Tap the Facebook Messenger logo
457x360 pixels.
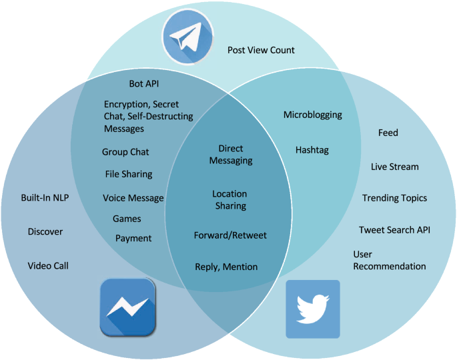pyautogui.click(x=127, y=307)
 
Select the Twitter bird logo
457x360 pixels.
pyautogui.click(x=313, y=309)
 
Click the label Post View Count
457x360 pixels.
pyautogui.click(x=261, y=50)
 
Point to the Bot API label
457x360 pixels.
pyautogui.click(x=144, y=84)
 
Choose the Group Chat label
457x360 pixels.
pyautogui.click(x=125, y=152)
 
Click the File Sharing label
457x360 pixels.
pyautogui.click(x=129, y=174)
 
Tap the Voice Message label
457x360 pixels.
pyautogui.click(x=133, y=198)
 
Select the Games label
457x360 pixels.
pyautogui.click(x=127, y=219)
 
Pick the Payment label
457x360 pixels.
pyautogui.click(x=133, y=238)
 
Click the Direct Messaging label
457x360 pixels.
pyautogui.click(x=231, y=155)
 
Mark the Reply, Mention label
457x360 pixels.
pyautogui.click(x=226, y=267)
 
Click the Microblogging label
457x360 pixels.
pyautogui.click(x=313, y=115)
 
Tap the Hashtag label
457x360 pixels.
pyautogui.click(x=312, y=150)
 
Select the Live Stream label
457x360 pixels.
pyautogui.click(x=395, y=166)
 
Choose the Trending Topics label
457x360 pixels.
pyautogui.click(x=394, y=198)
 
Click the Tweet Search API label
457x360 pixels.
pyautogui.click(x=394, y=230)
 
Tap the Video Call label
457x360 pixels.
pyautogui.click(x=48, y=266)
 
